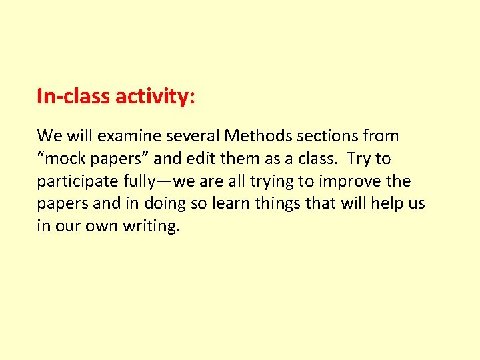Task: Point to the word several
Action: (x=192, y=137)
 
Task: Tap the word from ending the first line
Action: (x=381, y=137)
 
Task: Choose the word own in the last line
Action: (x=102, y=227)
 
